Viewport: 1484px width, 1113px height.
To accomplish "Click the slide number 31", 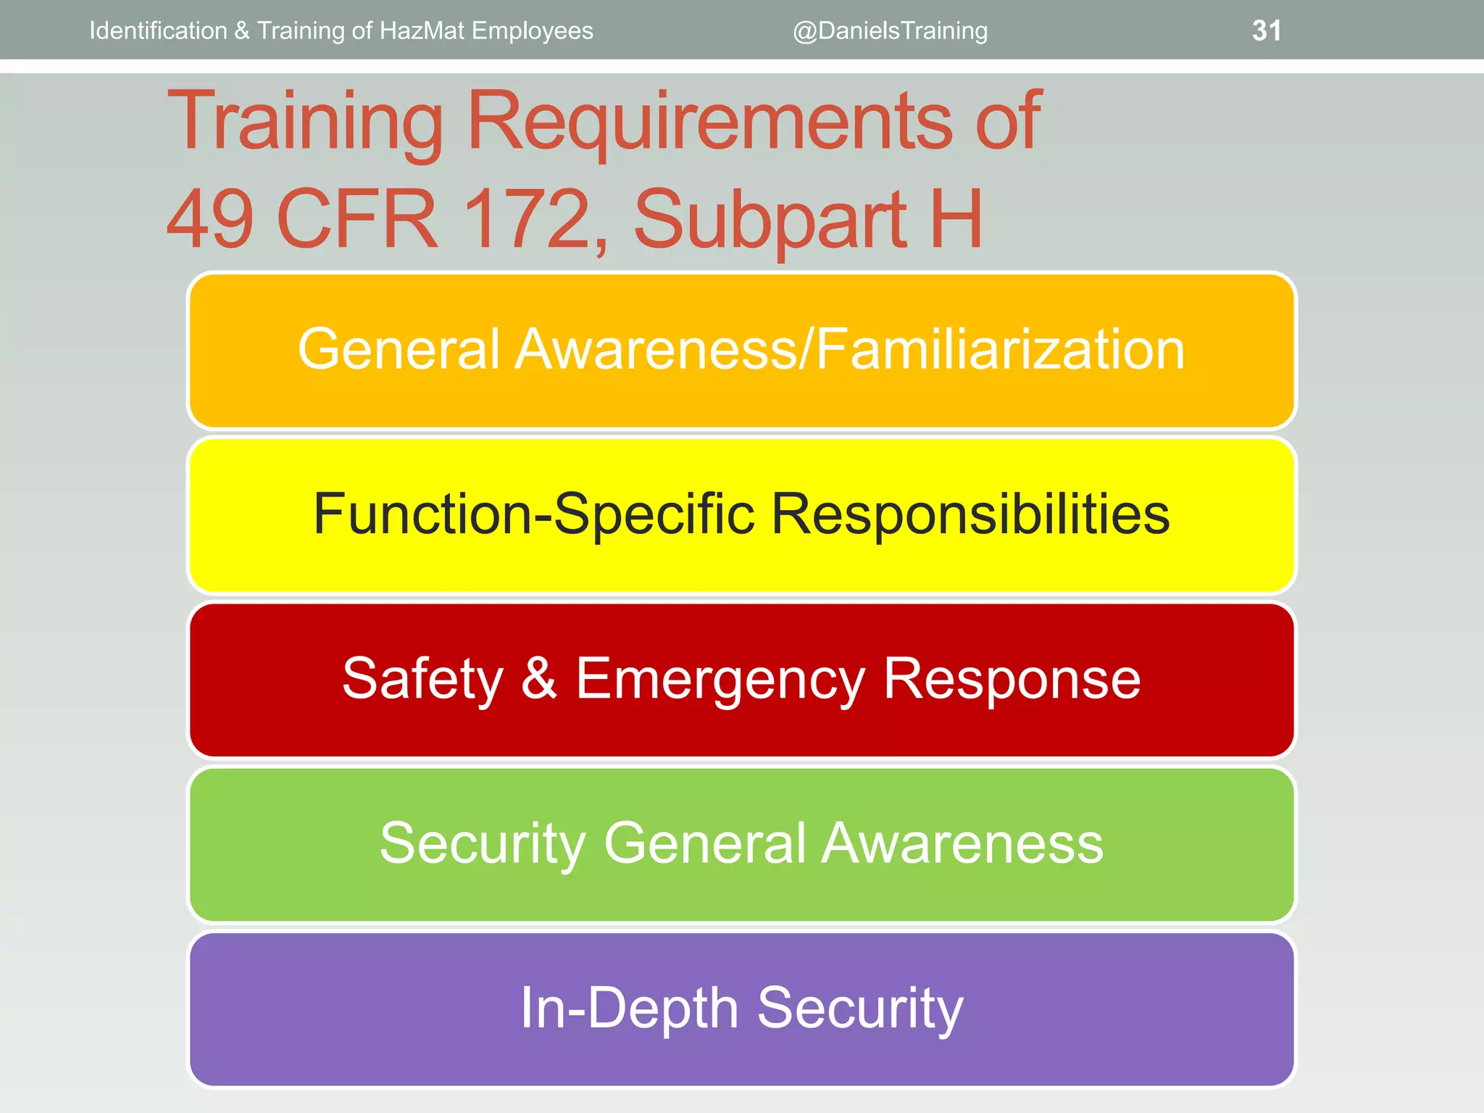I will click(x=1266, y=30).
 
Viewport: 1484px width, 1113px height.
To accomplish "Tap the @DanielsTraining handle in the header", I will click(x=890, y=30).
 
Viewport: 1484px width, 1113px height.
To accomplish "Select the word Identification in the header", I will click(x=158, y=30).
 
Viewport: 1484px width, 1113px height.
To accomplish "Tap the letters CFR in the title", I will click(x=358, y=218).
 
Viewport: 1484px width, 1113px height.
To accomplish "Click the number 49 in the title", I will click(x=210, y=218).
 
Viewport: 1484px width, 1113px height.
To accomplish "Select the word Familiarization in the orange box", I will click(x=1001, y=349).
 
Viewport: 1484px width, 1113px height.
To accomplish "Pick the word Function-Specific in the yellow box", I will click(x=534, y=514).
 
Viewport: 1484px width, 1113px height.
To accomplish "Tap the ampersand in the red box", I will click(x=539, y=678).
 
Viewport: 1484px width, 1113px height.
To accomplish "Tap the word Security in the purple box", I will click(x=860, y=1009).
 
